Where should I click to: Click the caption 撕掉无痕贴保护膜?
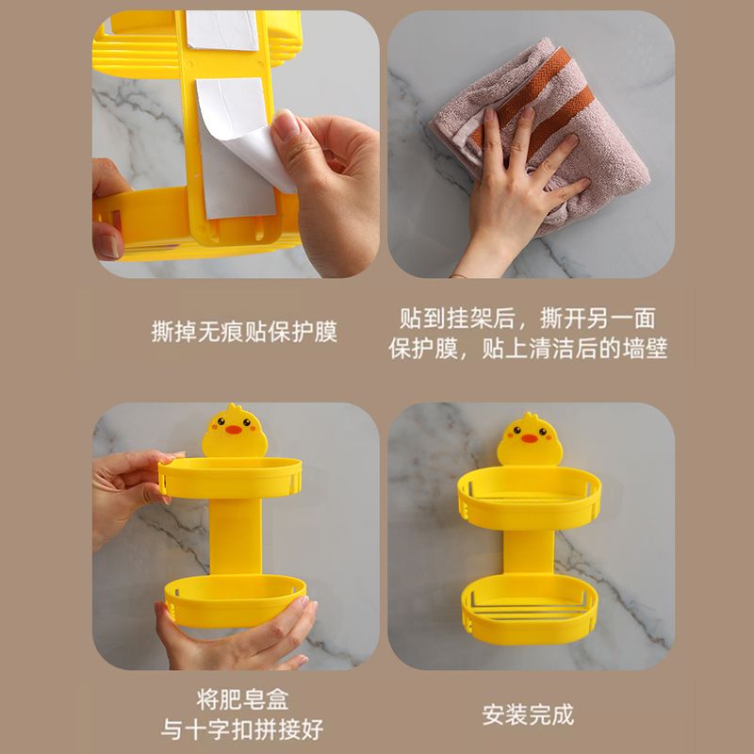(x=244, y=332)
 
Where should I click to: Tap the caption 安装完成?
(x=528, y=714)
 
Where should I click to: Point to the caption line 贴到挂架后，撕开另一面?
(x=528, y=318)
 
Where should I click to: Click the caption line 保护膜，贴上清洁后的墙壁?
(x=528, y=349)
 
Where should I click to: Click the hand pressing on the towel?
(x=514, y=188)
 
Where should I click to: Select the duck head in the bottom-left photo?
(x=232, y=431)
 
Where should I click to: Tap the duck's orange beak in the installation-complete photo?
(x=530, y=438)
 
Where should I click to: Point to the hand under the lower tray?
(x=236, y=641)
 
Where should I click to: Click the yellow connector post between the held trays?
(x=236, y=537)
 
